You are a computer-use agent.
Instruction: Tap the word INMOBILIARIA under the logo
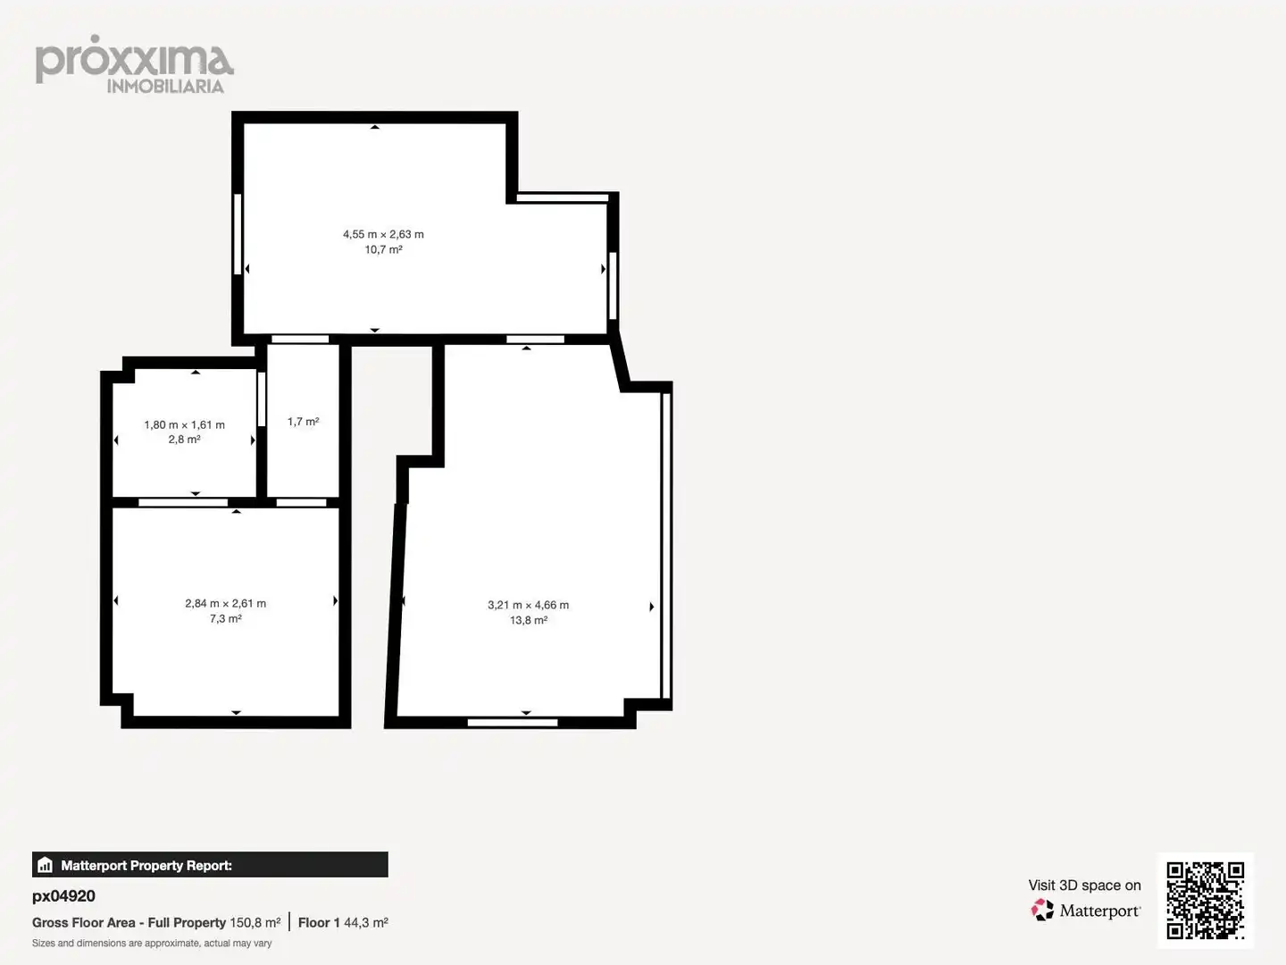point(165,87)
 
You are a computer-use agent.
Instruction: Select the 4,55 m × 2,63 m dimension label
point(383,234)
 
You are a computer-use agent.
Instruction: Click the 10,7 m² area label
point(383,249)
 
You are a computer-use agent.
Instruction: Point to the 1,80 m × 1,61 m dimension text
point(185,424)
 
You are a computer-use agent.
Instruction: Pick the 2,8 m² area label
point(185,440)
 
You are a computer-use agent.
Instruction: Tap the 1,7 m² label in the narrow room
point(303,422)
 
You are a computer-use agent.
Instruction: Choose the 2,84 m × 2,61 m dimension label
point(226,603)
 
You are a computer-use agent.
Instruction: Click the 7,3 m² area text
point(226,618)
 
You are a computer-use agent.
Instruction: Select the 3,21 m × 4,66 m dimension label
point(529,605)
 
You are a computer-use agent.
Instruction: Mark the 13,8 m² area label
point(529,620)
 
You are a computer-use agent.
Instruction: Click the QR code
point(1205,900)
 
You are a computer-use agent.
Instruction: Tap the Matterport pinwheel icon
point(1042,910)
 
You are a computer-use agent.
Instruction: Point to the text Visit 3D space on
point(1084,885)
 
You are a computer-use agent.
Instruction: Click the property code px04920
point(63,896)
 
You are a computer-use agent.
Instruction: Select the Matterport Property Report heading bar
point(210,865)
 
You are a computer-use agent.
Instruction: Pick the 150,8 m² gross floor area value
point(255,923)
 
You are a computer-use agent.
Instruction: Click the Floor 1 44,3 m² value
point(343,923)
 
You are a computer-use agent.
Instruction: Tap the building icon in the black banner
point(46,865)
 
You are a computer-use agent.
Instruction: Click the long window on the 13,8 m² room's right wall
point(665,545)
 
